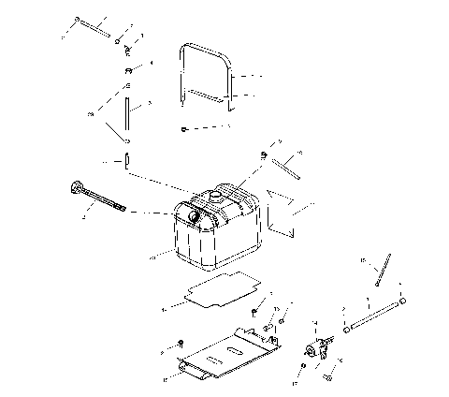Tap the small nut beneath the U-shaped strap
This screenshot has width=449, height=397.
(x=185, y=128)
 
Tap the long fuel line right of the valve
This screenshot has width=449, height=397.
(x=374, y=316)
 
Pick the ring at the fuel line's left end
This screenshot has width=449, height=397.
(x=347, y=330)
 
